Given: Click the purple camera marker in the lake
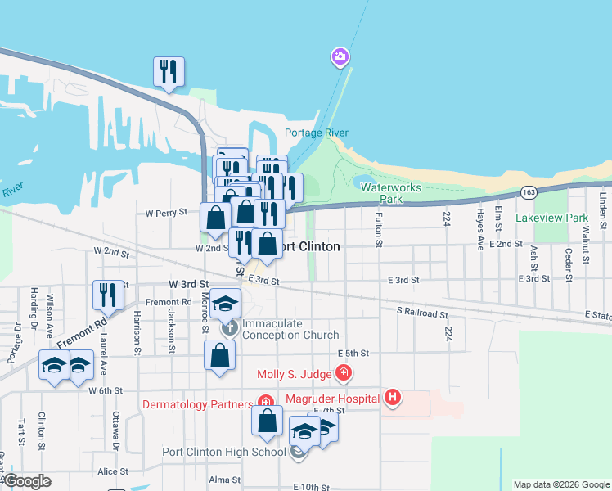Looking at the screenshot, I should click(x=340, y=57).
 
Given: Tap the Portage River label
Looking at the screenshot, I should click(x=316, y=133).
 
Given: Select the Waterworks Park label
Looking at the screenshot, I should click(x=391, y=193).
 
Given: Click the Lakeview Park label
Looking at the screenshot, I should click(x=552, y=218).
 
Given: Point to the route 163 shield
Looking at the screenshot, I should click(x=528, y=191).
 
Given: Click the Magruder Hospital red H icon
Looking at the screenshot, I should click(x=394, y=399).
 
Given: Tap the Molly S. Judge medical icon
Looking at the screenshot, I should click(x=344, y=374).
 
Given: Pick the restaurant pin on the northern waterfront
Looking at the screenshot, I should click(x=169, y=71).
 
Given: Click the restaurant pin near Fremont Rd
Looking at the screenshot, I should click(x=109, y=295).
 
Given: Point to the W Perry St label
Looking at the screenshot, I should click(x=167, y=213).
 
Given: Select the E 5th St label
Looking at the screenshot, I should click(x=353, y=354).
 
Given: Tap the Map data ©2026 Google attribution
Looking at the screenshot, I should click(x=560, y=484).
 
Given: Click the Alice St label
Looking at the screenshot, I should click(x=113, y=471).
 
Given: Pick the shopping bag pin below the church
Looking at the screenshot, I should click(x=219, y=355).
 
